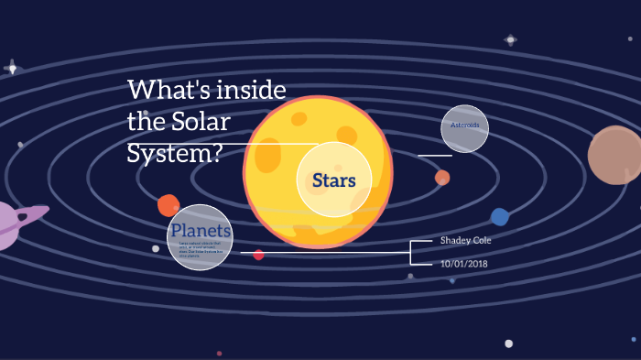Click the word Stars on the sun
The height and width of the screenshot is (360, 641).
[333, 180]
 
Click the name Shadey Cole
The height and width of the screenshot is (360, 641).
[466, 240]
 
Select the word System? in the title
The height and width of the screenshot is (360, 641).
[174, 151]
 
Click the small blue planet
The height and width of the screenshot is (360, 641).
[499, 217]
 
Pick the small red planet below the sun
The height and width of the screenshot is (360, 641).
[259, 255]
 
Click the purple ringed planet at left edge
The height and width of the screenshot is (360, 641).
[9, 224]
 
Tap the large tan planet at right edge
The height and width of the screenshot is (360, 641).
[615, 156]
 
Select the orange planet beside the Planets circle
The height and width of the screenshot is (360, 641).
[168, 205]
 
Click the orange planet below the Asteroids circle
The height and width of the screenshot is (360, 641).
[442, 177]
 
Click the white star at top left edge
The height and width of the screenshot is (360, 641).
[13, 68]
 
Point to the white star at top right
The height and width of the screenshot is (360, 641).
[510, 40]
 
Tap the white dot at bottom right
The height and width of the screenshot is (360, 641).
[508, 344]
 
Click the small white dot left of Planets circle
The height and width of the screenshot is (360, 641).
[156, 248]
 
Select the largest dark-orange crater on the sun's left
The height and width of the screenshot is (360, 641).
[268, 157]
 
